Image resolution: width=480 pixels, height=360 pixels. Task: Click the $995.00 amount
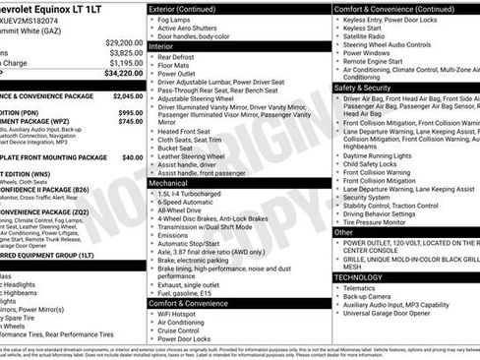[x=125, y=113]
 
